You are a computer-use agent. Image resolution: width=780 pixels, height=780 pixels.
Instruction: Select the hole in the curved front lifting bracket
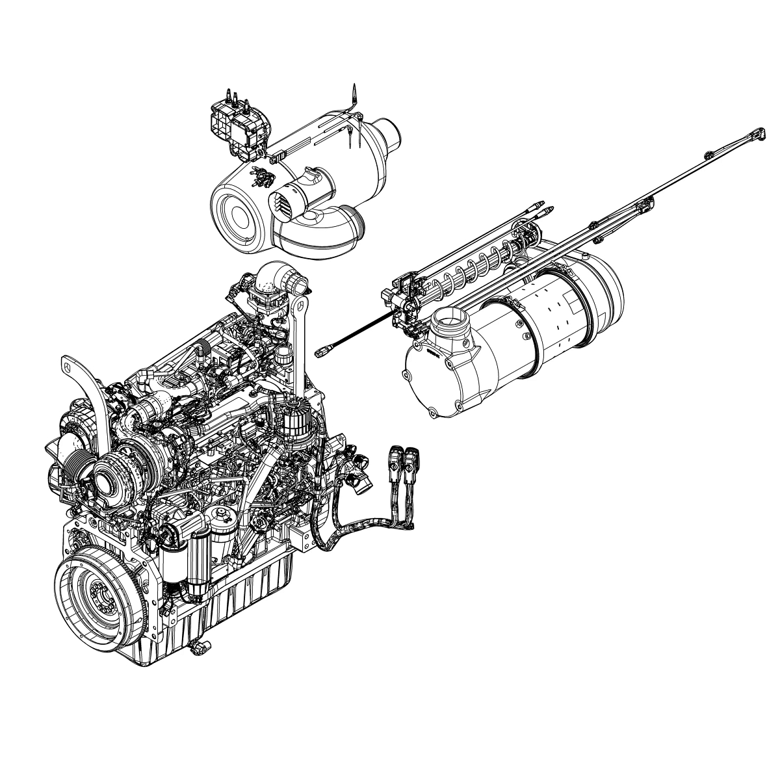click(x=66, y=365)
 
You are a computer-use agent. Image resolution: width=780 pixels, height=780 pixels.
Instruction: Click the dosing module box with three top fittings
click(x=238, y=126)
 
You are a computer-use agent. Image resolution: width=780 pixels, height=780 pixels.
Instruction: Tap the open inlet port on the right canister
click(x=449, y=320)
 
